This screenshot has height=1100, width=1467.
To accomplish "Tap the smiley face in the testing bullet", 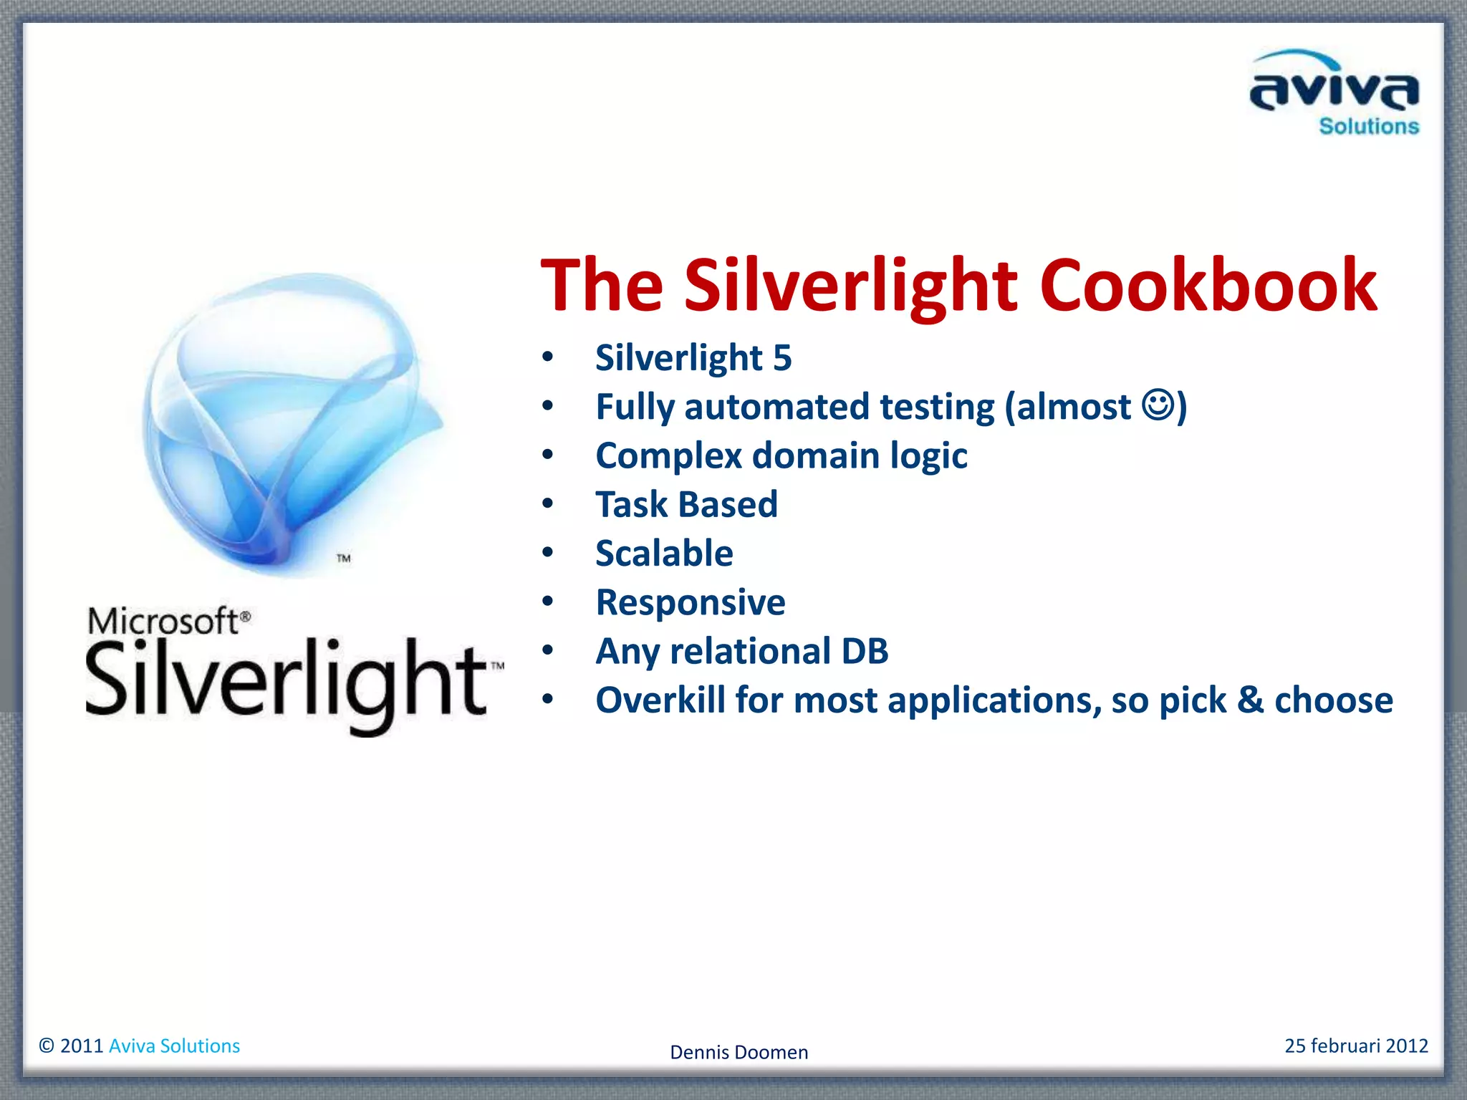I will (1158, 405).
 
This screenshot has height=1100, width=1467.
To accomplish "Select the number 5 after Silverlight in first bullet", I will (782, 358).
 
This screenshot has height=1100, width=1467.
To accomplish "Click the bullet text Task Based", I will (686, 504).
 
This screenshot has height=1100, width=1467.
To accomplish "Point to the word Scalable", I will (664, 554).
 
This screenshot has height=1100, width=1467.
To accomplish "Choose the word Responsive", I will (691, 602).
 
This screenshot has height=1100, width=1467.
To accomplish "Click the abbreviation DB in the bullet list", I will (865, 651).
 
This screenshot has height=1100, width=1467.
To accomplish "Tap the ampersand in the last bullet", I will (1250, 700).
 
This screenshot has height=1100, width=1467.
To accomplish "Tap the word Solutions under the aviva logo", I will (1368, 127).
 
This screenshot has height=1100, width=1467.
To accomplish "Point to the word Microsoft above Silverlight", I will (163, 621).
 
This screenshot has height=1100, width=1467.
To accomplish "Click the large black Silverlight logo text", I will (287, 680).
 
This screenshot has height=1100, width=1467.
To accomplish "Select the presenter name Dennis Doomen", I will (739, 1052).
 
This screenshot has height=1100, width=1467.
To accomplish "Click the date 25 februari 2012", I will (1356, 1046).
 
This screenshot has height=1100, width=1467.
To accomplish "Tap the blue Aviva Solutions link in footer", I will (174, 1046).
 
